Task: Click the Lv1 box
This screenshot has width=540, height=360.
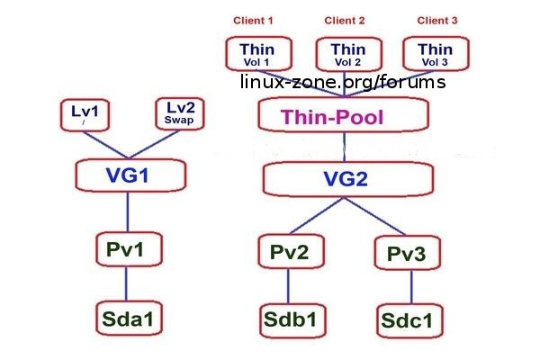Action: point(84,114)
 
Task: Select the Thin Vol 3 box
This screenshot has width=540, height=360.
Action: point(436,54)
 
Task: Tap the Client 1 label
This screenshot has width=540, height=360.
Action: point(253,20)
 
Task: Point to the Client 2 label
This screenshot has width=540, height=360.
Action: point(344,20)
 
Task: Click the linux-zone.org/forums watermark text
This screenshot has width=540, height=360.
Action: point(342,82)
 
